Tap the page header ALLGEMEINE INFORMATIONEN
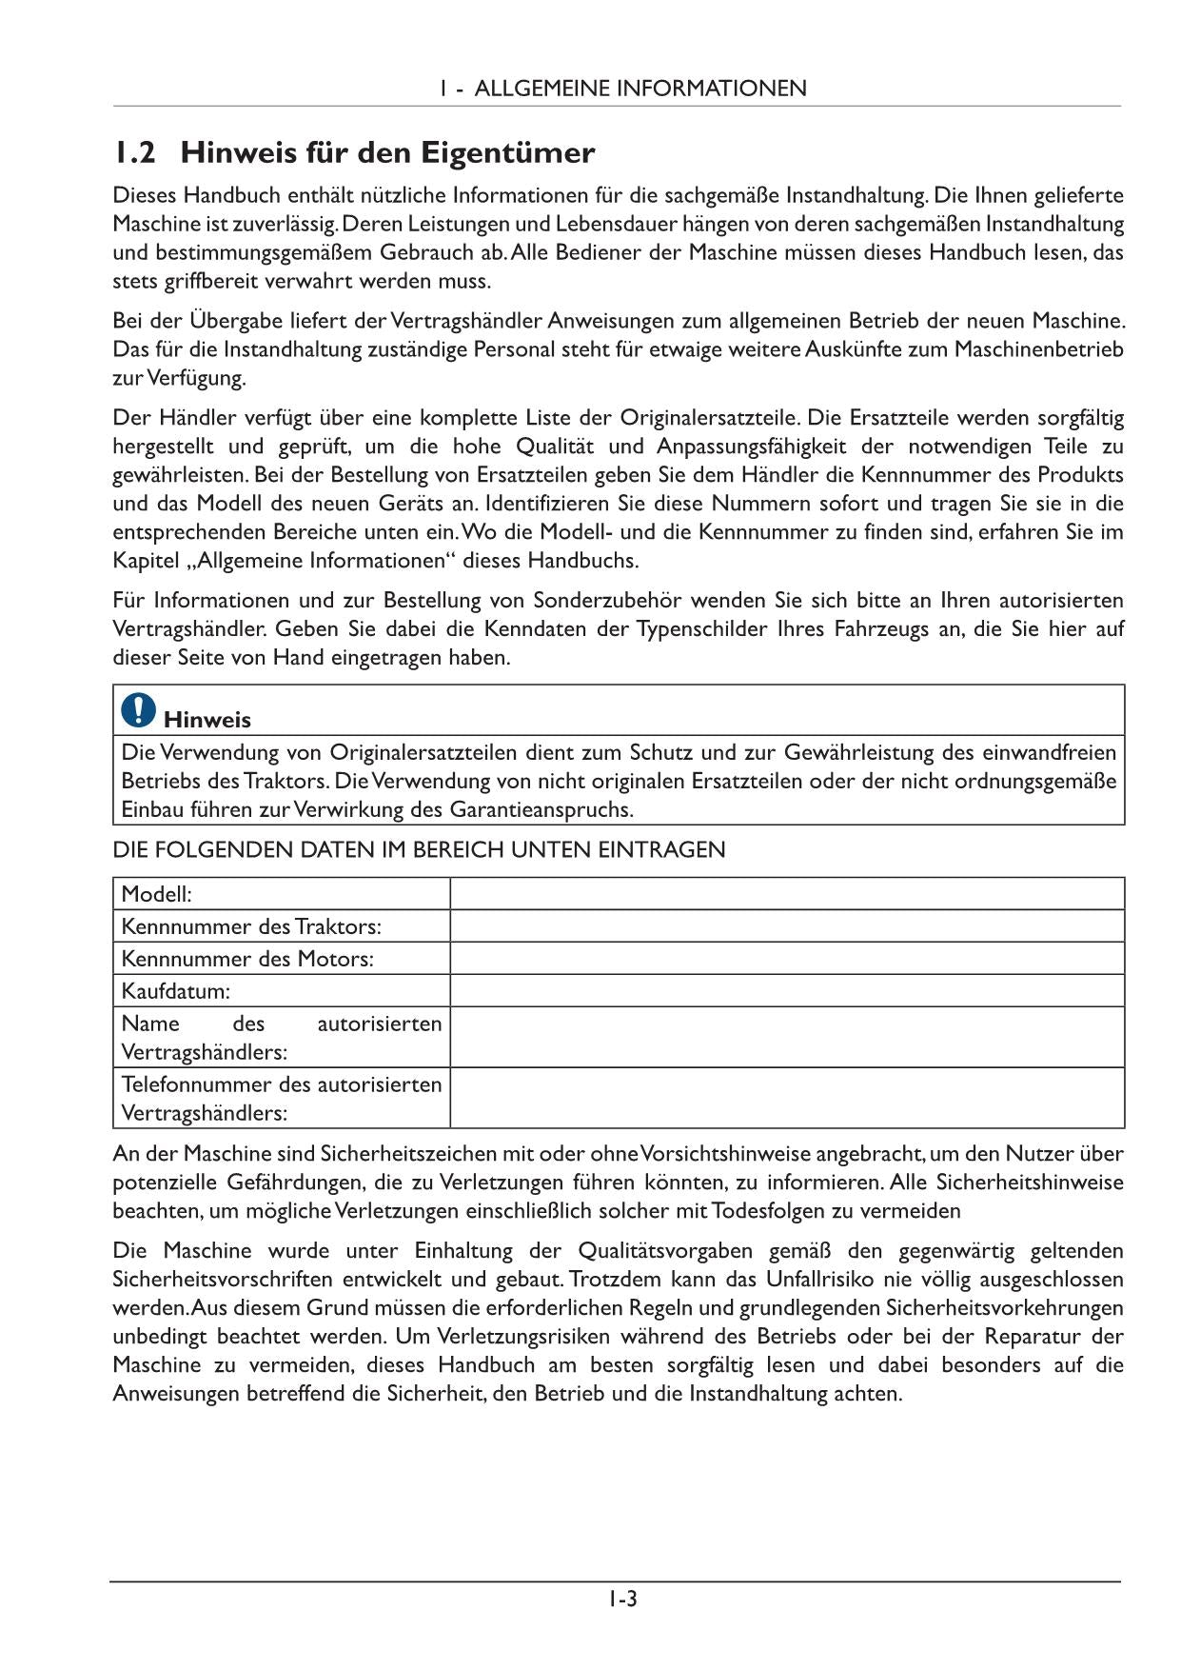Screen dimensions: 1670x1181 pos(640,89)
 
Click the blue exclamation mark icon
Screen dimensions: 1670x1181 pos(139,709)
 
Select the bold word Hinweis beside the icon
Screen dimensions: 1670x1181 pos(207,720)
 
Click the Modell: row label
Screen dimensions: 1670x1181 pos(157,894)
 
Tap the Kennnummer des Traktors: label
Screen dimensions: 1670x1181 pos(251,926)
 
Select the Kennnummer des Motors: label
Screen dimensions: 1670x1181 pos(247,959)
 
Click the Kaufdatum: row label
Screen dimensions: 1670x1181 pos(176,991)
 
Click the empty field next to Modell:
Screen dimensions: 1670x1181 pos(787,894)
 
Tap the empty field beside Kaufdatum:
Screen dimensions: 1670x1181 pos(787,991)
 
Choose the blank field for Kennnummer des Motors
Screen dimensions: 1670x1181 pos(787,959)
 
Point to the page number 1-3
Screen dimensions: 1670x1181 pos(623,1599)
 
